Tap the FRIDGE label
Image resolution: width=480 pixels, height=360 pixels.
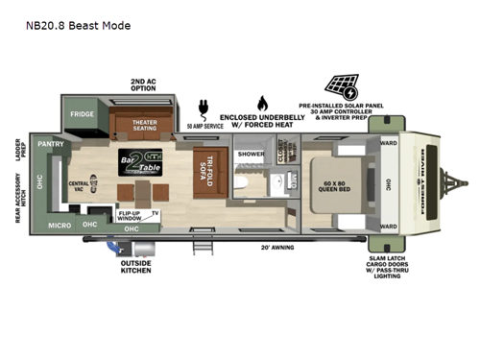pyautogui.click(x=82, y=115)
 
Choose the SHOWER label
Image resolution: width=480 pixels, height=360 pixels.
pyautogui.click(x=251, y=154)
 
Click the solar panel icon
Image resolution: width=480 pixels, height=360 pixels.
pyautogui.click(x=345, y=86)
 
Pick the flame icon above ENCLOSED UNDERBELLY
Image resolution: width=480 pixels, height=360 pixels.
pyautogui.click(x=261, y=103)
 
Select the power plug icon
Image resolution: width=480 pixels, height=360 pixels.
pyautogui.click(x=204, y=106)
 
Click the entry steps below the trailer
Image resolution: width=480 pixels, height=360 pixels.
pyautogui.click(x=201, y=247)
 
